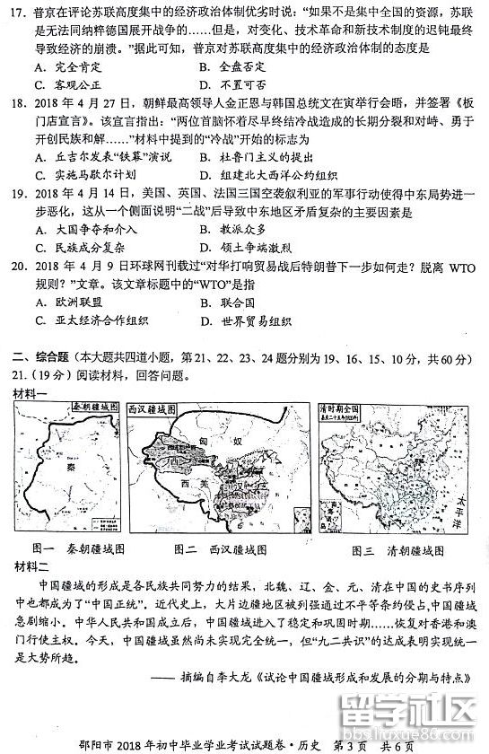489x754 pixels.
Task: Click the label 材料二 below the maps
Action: pos(31,565)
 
